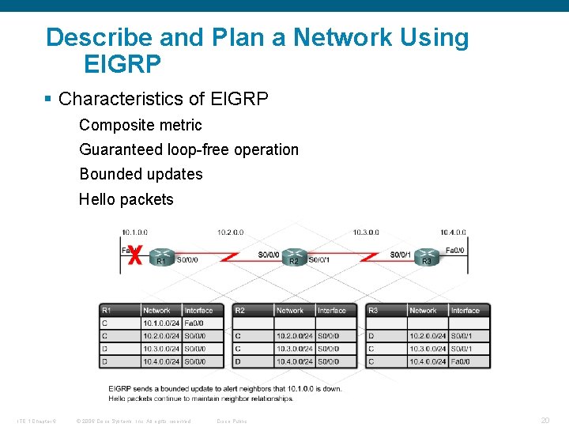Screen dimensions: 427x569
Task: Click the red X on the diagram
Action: pyautogui.click(x=135, y=255)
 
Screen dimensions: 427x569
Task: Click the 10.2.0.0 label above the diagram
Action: pyautogui.click(x=231, y=232)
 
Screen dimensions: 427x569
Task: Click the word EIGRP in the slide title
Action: pyautogui.click(x=122, y=62)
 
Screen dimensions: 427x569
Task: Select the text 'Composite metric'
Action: pyautogui.click(x=141, y=125)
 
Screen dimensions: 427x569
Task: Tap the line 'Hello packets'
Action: pyautogui.click(x=126, y=199)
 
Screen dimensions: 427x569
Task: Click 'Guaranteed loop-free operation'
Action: pyautogui.click(x=189, y=149)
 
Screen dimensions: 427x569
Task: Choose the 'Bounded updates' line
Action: pyautogui.click(x=141, y=174)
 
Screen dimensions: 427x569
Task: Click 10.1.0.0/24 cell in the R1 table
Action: pyautogui.click(x=161, y=323)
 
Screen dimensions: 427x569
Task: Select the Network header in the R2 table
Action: pyautogui.click(x=290, y=311)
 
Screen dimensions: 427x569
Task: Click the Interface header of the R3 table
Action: pyautogui.click(x=465, y=311)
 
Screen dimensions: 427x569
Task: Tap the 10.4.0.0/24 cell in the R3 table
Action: pyautogui.click(x=427, y=361)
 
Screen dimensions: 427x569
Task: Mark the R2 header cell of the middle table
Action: pyautogui.click(x=242, y=311)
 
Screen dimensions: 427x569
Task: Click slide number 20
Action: pyautogui.click(x=545, y=421)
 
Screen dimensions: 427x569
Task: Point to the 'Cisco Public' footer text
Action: pyautogui.click(x=232, y=421)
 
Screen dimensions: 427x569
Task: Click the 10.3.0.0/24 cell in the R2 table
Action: pyautogui.click(x=294, y=349)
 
